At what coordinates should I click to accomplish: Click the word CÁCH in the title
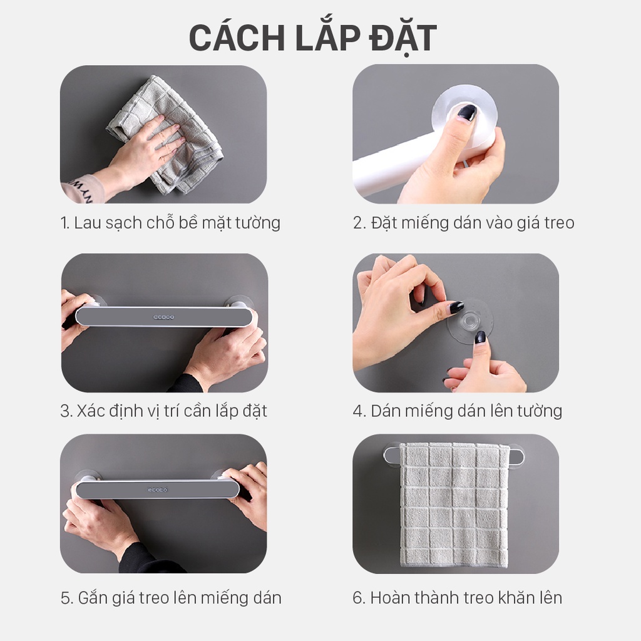[237, 38]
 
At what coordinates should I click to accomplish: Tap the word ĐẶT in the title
[403, 38]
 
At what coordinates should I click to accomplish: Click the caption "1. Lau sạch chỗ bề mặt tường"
[170, 223]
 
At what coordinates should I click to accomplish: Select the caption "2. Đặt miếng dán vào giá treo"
[464, 223]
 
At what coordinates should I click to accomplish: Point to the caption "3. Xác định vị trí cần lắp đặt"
[163, 411]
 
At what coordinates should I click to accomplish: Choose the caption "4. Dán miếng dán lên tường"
[458, 411]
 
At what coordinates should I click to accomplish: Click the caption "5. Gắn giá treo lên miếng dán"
[171, 598]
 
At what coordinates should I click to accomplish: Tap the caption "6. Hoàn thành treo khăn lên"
[458, 598]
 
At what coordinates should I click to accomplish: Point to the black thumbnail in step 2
[466, 113]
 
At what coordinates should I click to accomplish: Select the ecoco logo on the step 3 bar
[163, 317]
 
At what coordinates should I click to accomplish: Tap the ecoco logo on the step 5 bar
[158, 490]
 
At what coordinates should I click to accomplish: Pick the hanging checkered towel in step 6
[454, 505]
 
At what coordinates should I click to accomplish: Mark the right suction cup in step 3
[238, 302]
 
